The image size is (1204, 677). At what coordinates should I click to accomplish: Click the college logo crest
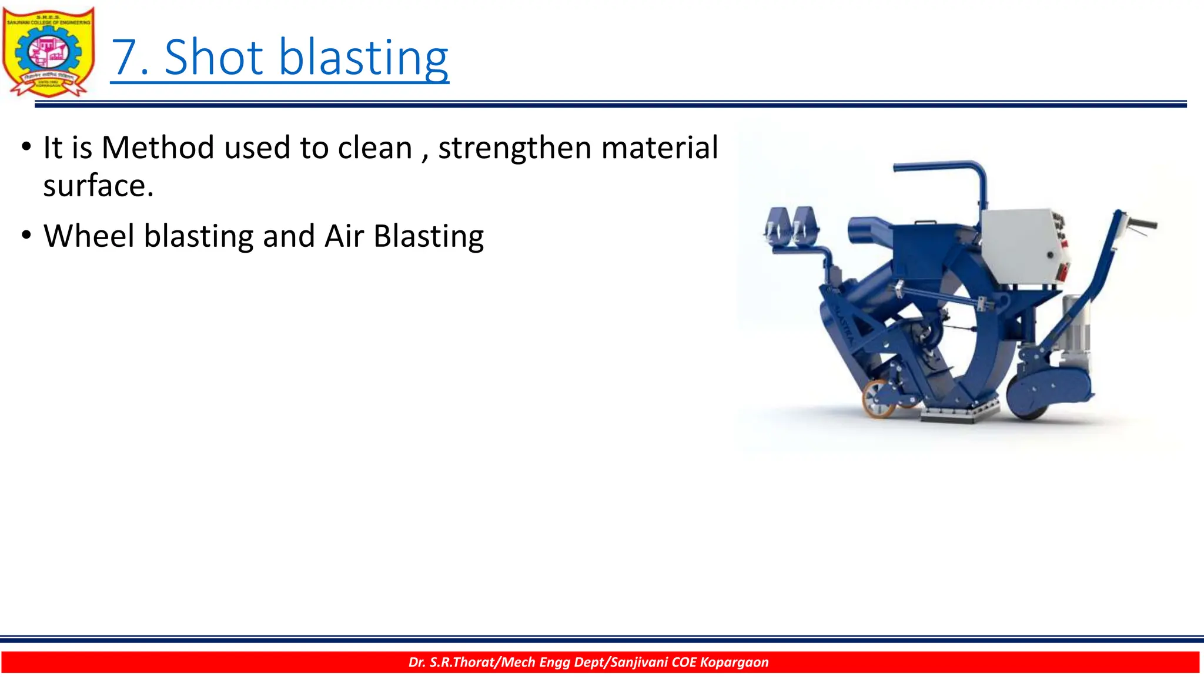48,52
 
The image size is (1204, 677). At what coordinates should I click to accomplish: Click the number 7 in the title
125,58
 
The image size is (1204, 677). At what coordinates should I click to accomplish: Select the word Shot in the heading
213,58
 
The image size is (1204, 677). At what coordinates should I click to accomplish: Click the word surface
98,186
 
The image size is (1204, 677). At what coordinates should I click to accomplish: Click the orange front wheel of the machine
879,399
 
